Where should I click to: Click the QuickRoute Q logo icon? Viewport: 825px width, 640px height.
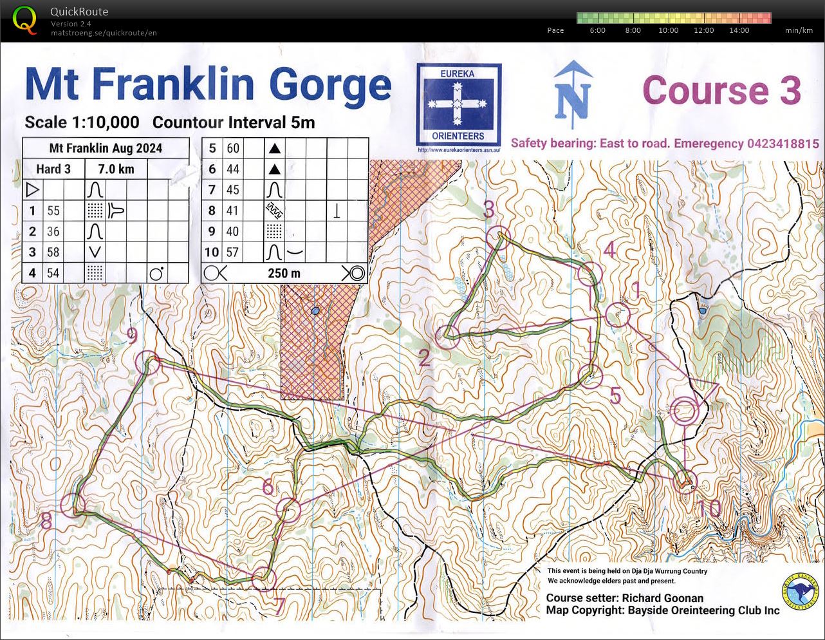(24, 19)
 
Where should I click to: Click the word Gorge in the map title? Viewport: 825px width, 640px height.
(329, 85)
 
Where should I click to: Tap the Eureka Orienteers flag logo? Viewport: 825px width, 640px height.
(458, 104)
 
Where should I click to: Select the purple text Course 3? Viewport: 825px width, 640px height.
(721, 90)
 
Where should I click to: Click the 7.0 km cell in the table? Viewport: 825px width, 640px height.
(116, 169)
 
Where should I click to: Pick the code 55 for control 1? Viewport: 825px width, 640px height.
(53, 211)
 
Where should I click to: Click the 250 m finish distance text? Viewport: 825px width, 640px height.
(284, 273)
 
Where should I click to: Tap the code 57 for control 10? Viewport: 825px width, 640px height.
(233, 252)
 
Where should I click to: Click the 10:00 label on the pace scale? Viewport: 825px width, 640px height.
(668, 30)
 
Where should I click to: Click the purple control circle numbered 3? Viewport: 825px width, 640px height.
(498, 237)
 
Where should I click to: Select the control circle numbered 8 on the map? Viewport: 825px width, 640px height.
(73, 505)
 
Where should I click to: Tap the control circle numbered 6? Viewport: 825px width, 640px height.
(288, 510)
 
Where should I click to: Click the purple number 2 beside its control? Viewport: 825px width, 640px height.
(424, 358)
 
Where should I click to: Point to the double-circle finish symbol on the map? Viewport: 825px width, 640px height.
(684, 410)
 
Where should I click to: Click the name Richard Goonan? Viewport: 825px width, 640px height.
(662, 598)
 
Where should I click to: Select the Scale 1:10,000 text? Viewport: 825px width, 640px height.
(82, 122)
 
